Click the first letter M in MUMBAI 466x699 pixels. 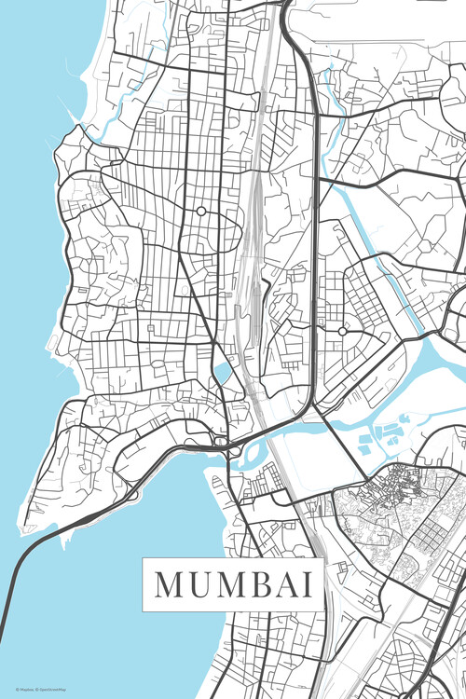pyautogui.click(x=169, y=584)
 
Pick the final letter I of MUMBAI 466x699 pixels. pyautogui.click(x=306, y=584)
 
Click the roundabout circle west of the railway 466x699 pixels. pyautogui.click(x=200, y=212)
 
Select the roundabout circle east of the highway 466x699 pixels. pyautogui.click(x=342, y=331)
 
